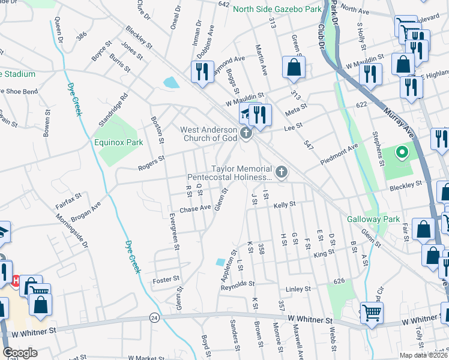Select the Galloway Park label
pos(373,220)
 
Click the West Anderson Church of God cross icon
pos(246,133)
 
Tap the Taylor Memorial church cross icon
pos(281,173)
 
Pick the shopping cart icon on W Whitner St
pos(372,313)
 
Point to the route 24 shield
pos(155,317)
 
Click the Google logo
pos(20,353)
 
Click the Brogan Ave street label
pos(86,205)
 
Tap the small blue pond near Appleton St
pos(220,262)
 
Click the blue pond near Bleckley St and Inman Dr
pos(170,82)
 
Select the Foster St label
pos(166,279)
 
